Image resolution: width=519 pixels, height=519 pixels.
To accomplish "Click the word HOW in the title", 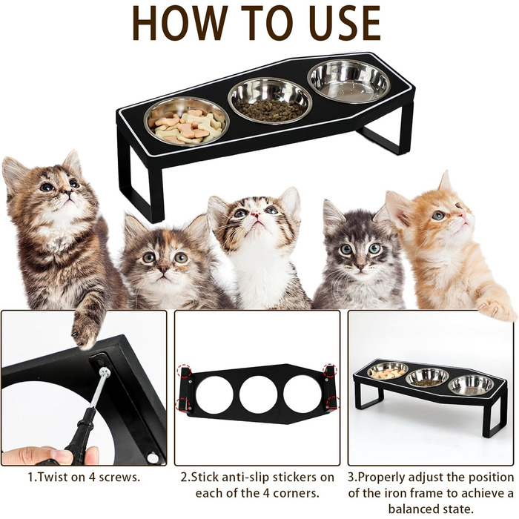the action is (x=176, y=24).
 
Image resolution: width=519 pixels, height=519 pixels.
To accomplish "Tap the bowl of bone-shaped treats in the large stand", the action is (x=187, y=122).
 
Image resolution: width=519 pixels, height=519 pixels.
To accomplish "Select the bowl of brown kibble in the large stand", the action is (x=270, y=101).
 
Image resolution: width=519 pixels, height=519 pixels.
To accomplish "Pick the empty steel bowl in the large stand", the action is (x=349, y=81).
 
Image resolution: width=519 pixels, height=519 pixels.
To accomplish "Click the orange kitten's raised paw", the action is (x=495, y=307).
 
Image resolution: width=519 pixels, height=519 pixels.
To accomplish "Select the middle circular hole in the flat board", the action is (x=258, y=393).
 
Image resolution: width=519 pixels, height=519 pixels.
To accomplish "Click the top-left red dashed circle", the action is (x=185, y=371).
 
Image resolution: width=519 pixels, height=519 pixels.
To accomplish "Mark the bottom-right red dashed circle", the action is (x=332, y=403).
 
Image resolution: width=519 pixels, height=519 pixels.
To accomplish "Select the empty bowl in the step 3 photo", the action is (x=470, y=386).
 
